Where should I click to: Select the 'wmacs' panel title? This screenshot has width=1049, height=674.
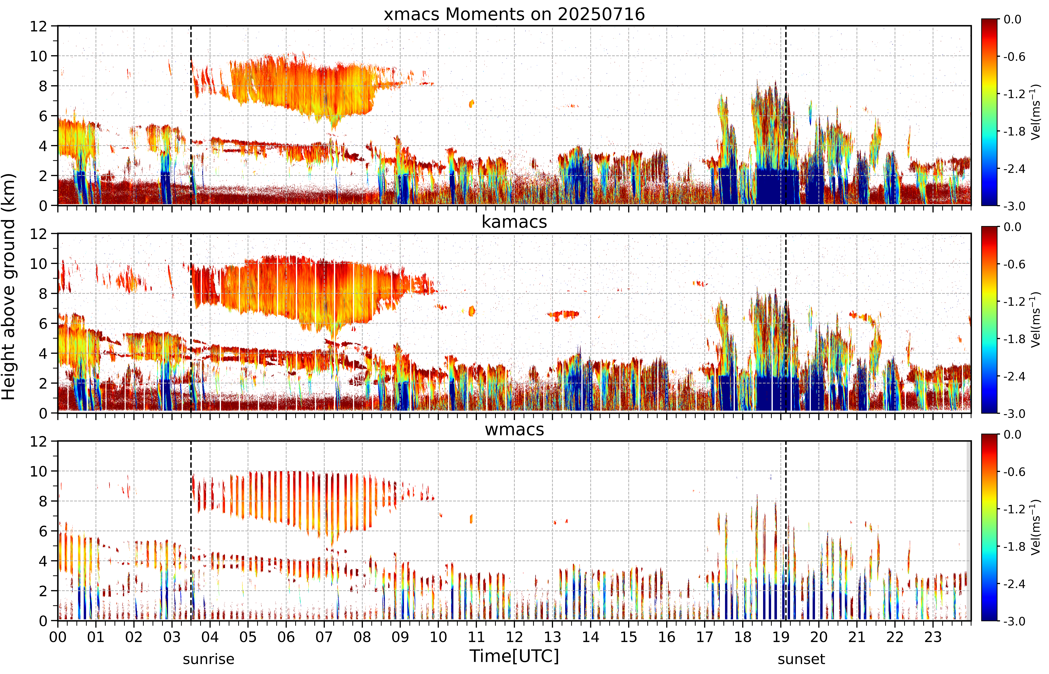pos(514,429)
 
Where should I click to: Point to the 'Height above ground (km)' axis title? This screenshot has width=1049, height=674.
pos(9,287)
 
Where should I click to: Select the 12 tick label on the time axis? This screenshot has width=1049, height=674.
pos(514,637)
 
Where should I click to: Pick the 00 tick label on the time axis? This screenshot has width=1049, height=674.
pos(58,637)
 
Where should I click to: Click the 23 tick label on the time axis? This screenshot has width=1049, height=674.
pos(933,637)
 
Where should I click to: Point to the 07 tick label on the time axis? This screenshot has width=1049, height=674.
pos(324,637)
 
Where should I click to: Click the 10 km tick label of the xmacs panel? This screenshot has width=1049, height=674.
pos(38,56)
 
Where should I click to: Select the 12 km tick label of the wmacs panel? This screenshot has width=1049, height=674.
pos(38,441)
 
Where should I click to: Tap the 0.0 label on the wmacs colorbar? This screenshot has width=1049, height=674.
pos(1012,435)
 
